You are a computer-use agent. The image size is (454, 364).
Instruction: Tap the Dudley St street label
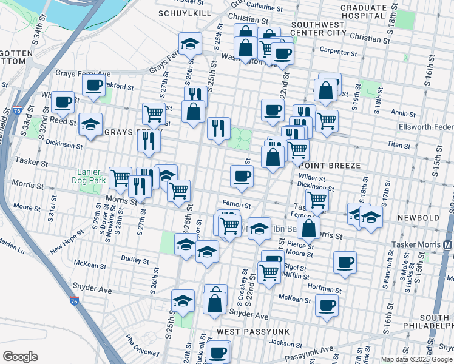pyautogui.click(x=135, y=260)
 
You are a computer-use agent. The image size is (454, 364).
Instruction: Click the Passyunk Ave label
pyautogui.click(x=311, y=352)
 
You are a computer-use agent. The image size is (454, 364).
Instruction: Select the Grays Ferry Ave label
pyautogui.click(x=83, y=73)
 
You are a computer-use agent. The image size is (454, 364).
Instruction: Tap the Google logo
pyautogui.click(x=20, y=357)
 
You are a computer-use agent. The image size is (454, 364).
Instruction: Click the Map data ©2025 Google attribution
pyautogui.click(x=416, y=359)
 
